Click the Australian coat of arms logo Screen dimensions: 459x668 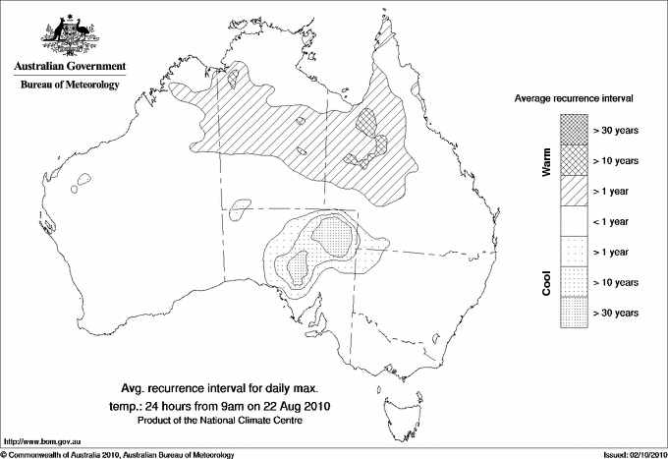68,35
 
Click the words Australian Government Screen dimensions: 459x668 69,67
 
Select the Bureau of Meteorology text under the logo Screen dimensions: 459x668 69,85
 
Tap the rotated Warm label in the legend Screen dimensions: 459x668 546,160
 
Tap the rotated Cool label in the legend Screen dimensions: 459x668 546,282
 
